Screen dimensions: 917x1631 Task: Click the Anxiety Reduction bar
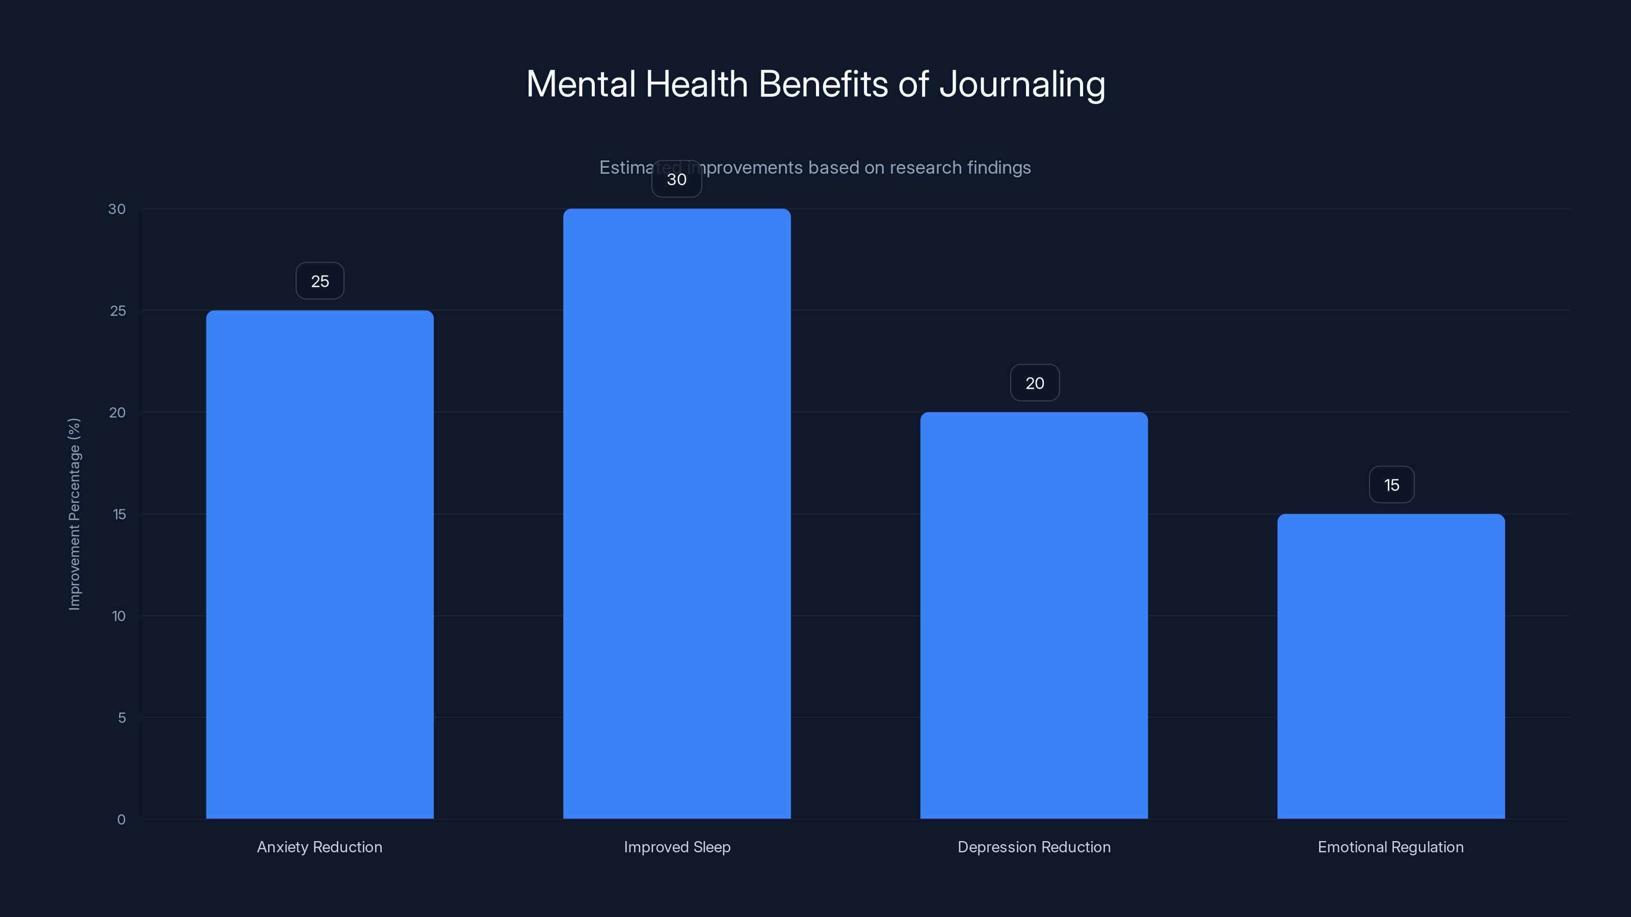tap(320, 564)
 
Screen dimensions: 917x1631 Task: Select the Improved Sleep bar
tap(677, 513)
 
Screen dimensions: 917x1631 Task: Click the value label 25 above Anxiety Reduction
tap(320, 281)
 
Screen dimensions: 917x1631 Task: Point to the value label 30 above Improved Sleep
tap(677, 180)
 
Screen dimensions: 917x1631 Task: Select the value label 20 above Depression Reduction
tap(1035, 383)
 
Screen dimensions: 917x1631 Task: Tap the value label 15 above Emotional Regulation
tap(1391, 485)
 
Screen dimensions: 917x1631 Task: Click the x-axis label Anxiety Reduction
tap(320, 847)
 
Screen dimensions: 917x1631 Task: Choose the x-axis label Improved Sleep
tap(677, 847)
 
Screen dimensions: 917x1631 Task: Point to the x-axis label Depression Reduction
tap(1034, 847)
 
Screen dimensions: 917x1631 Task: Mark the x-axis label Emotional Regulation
tap(1390, 847)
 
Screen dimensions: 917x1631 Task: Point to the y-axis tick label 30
tap(117, 209)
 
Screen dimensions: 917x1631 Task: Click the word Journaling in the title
tap(1022, 84)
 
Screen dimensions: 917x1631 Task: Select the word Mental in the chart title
tap(581, 84)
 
